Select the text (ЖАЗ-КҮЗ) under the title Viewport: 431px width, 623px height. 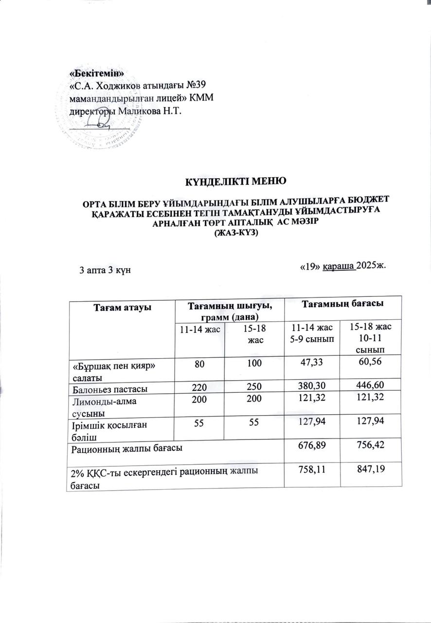pyautogui.click(x=237, y=233)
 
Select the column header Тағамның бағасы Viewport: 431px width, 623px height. pyautogui.click(x=341, y=304)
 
